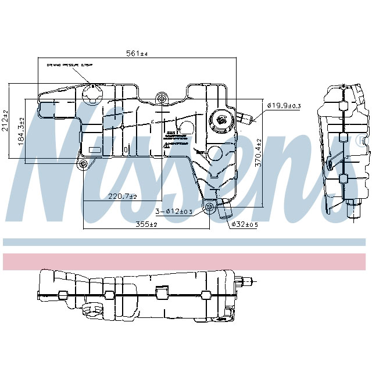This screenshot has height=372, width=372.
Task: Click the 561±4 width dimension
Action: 138,53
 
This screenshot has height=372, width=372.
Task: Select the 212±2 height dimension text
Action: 6,120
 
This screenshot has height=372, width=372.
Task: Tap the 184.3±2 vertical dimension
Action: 22,132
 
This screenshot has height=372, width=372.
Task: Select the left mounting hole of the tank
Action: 83,164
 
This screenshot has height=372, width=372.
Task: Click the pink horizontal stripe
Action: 186,261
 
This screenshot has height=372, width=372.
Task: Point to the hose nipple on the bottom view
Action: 246,282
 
